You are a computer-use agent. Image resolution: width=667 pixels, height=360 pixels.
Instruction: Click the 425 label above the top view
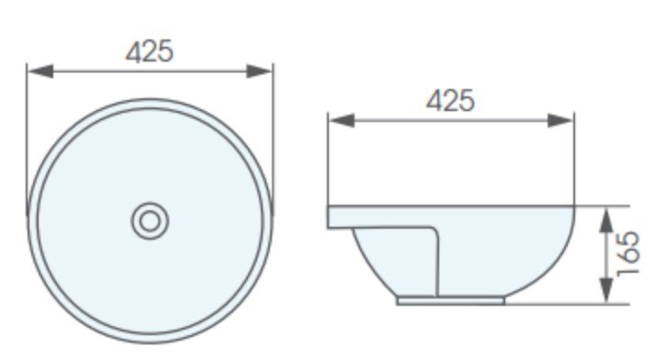coord(149,51)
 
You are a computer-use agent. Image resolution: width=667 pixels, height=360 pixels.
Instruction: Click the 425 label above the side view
coord(450,100)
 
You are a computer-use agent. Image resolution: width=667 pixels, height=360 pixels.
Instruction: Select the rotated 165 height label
coord(629,254)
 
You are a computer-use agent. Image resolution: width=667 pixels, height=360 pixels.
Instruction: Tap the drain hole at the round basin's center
coord(149,220)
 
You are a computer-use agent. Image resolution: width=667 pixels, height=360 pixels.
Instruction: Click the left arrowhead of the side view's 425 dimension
coord(336,119)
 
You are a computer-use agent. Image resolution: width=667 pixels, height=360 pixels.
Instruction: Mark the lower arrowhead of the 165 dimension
coord(605,295)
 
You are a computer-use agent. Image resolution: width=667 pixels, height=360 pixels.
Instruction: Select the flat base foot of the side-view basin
coord(451,299)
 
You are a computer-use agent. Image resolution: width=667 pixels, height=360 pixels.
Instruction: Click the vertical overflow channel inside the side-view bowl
coord(438,262)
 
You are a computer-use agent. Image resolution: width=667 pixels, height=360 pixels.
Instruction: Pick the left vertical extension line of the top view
coord(27,138)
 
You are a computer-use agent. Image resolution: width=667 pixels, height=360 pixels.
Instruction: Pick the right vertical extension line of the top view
coord(273,138)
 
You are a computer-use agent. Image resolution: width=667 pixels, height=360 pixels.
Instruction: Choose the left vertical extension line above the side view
coord(329,161)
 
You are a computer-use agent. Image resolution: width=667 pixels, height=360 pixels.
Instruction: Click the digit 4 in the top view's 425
coord(134,51)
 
